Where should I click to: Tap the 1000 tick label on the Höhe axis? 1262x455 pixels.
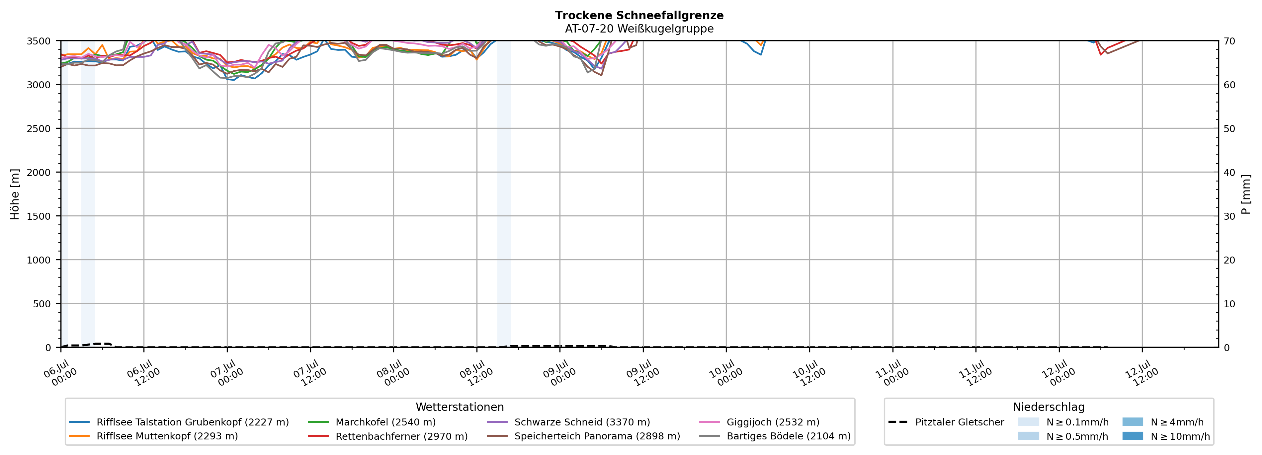point(38,260)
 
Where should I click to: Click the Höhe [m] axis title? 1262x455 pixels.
point(15,194)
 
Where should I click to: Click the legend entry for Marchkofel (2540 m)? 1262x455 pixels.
point(372,422)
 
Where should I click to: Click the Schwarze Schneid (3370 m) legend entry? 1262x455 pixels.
point(568,422)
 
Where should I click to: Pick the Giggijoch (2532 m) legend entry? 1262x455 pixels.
point(759,422)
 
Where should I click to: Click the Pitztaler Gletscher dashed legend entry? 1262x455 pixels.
point(946,422)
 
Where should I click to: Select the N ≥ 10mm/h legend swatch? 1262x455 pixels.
point(1133,436)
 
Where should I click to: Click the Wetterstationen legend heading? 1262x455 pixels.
point(460,407)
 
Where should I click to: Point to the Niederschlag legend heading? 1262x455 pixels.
point(1049,407)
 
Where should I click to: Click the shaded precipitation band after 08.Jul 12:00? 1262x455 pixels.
point(504,194)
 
